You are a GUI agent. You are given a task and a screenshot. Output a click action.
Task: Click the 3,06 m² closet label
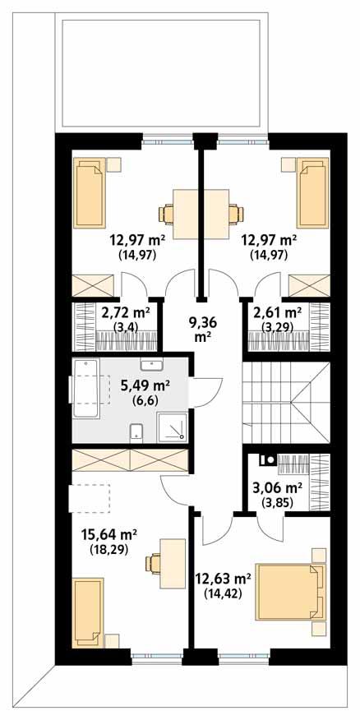coord(277,492)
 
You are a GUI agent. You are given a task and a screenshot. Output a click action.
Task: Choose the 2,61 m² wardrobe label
coord(277,318)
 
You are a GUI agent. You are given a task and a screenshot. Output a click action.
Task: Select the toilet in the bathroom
coord(137,430)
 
